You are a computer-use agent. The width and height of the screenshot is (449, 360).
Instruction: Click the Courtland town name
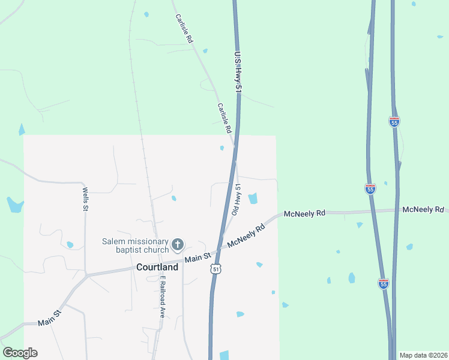[x=157, y=267]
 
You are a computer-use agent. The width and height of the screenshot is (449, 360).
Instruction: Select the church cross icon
[x=177, y=245]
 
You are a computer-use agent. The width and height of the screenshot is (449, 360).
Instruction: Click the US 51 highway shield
[x=216, y=269]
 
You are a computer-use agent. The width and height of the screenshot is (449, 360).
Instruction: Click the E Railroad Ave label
[x=161, y=296]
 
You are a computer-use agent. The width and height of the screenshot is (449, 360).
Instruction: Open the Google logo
[x=20, y=353]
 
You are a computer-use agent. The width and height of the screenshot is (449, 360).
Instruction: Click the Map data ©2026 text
[x=423, y=355]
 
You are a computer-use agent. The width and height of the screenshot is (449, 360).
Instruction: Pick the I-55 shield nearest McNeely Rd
[x=370, y=188]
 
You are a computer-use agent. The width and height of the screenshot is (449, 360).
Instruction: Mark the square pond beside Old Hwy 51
[x=253, y=198]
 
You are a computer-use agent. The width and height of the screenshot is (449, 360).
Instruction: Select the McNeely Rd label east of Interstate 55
[x=423, y=209]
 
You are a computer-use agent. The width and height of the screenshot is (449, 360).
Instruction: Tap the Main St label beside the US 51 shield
[x=198, y=257]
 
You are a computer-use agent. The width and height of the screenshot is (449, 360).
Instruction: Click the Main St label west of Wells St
[x=50, y=318]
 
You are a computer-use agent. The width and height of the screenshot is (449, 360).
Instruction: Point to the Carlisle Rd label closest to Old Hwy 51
[x=224, y=118]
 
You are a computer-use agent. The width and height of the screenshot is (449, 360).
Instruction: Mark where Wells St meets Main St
[x=86, y=275]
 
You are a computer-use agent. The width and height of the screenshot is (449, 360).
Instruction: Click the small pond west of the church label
[x=70, y=245]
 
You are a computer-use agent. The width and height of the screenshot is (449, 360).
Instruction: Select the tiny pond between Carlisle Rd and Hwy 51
[x=222, y=148]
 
